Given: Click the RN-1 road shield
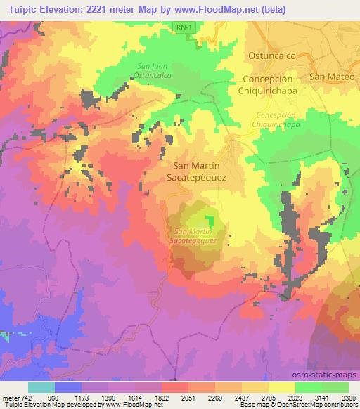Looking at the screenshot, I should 184,25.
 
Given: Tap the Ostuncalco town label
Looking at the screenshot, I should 270,55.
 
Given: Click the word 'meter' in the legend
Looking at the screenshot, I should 10,396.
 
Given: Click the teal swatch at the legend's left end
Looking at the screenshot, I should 41,387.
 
